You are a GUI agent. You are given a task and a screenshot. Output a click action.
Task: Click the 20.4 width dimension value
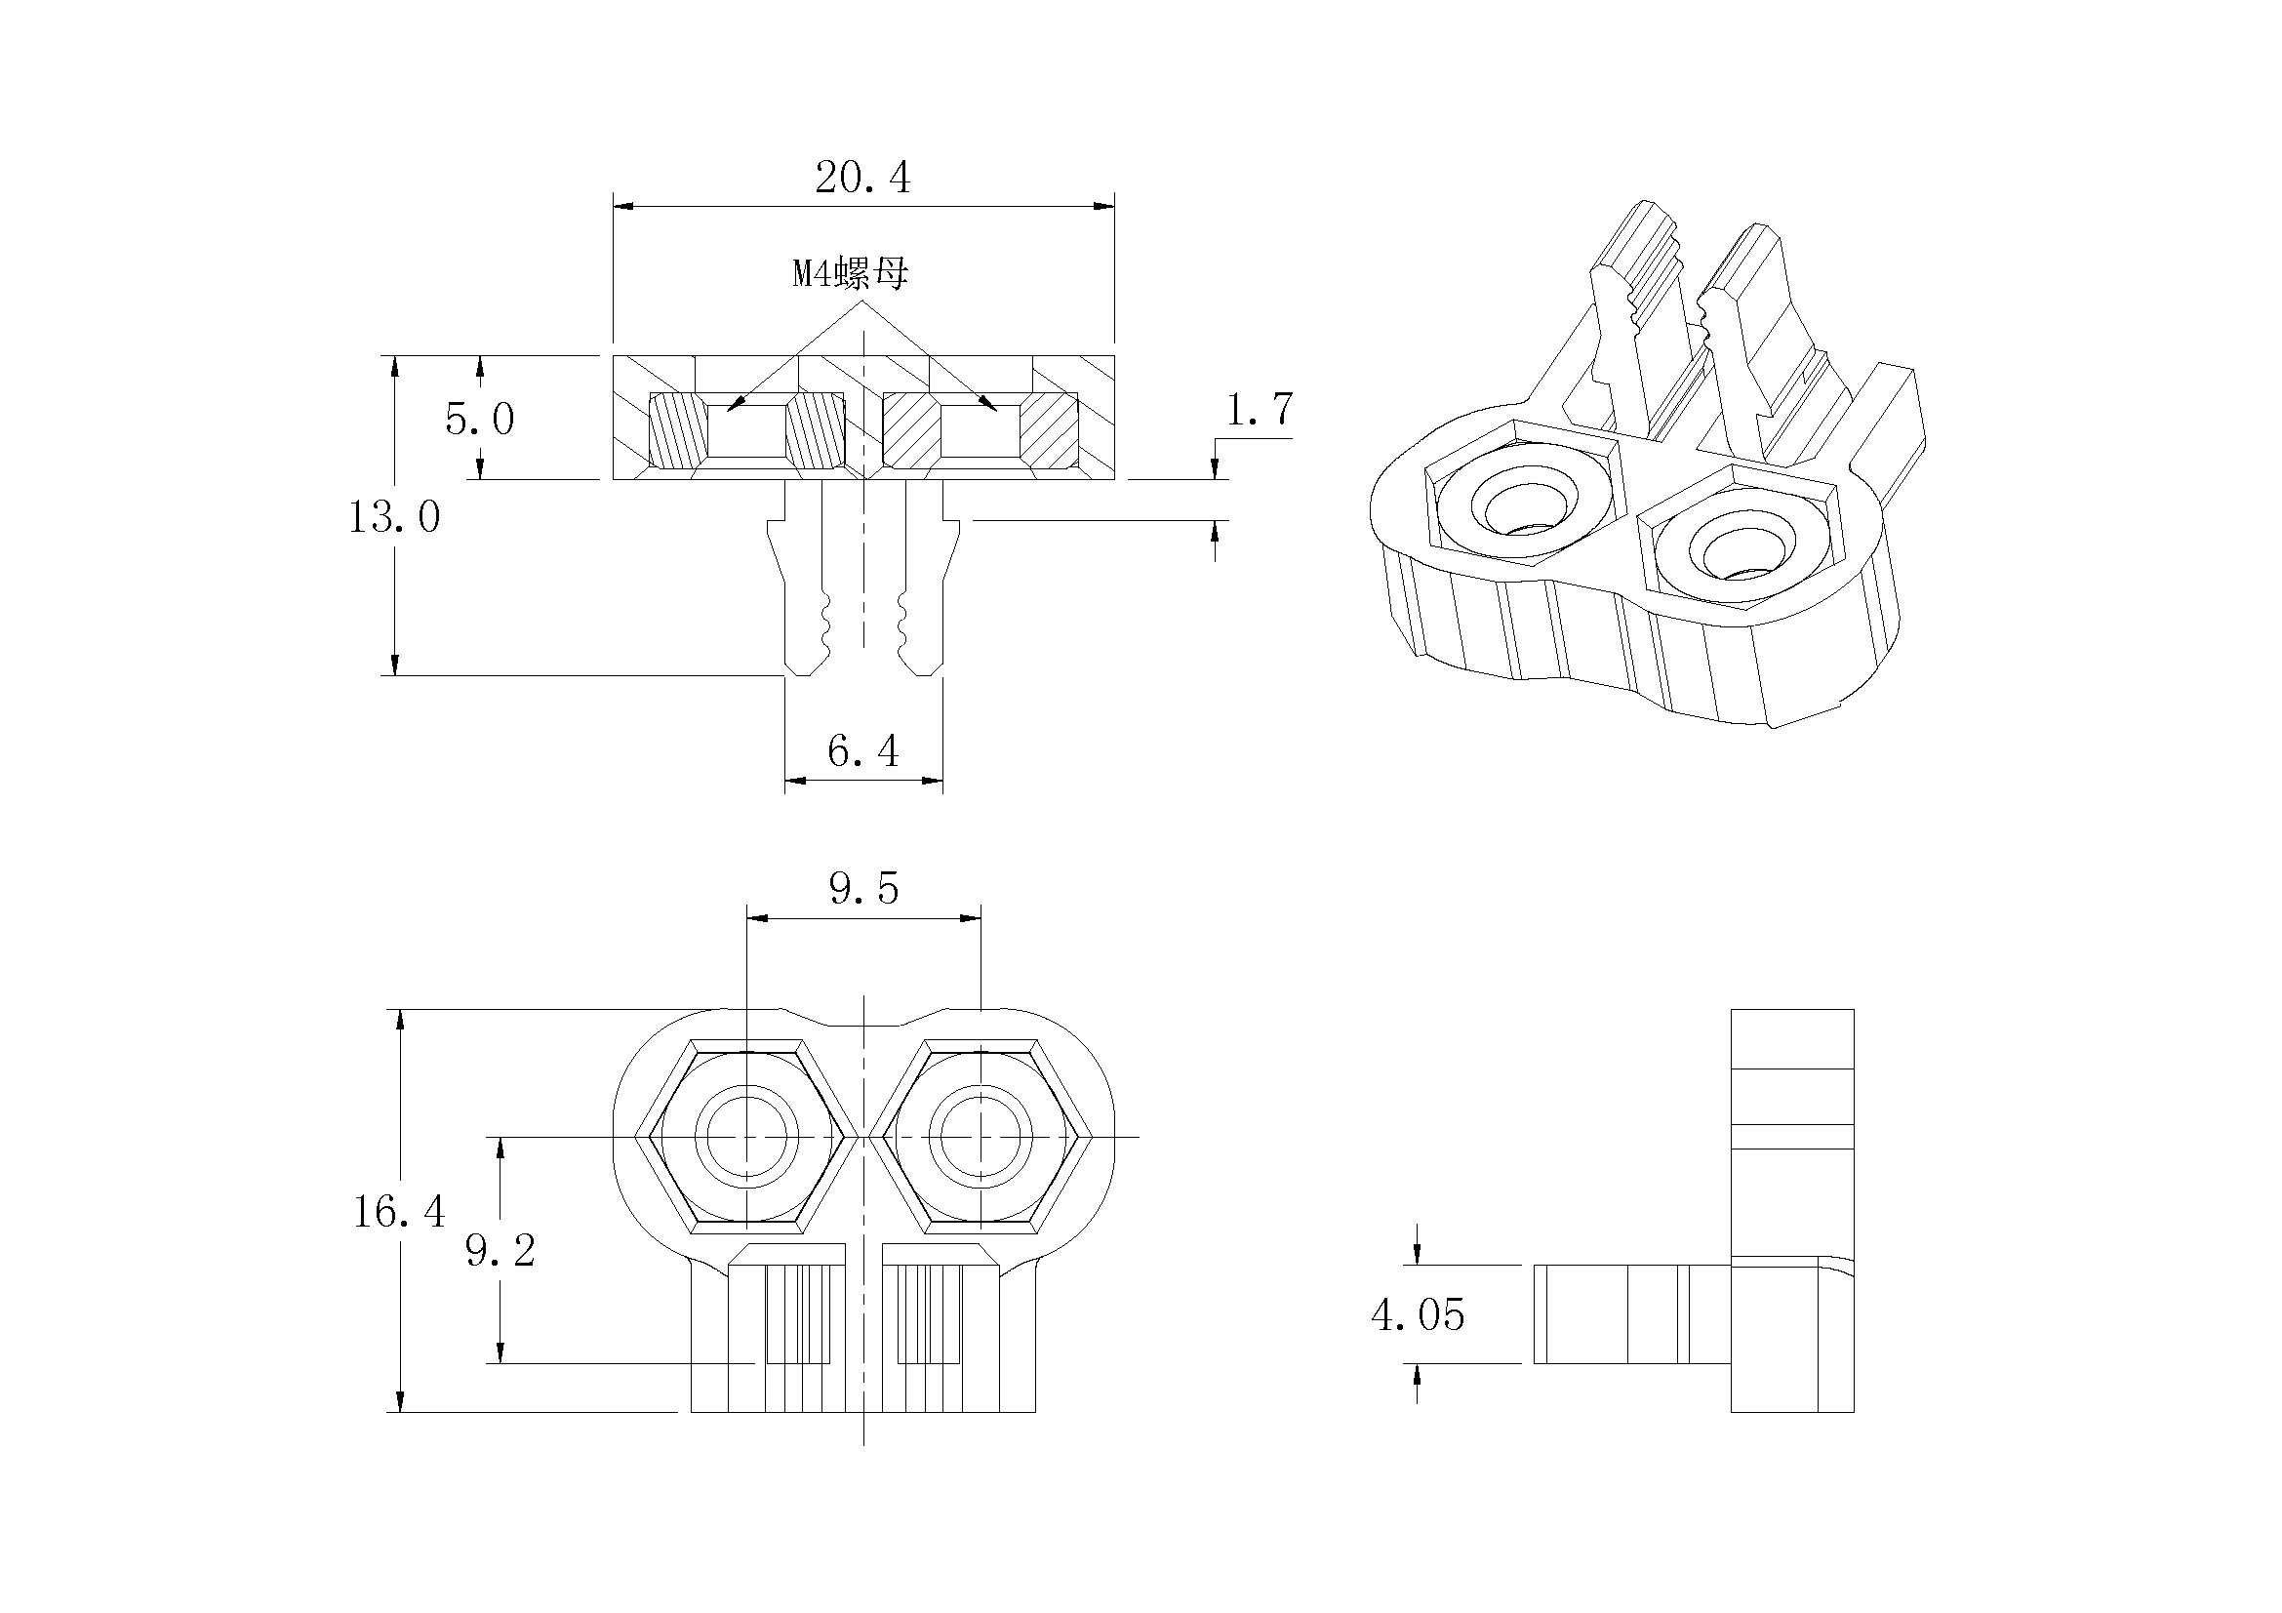[861, 178]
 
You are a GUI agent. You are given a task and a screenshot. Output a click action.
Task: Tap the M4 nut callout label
[850, 273]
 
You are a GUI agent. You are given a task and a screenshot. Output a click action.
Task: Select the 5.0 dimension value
[479, 420]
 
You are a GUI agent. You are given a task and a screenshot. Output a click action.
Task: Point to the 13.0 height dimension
[393, 517]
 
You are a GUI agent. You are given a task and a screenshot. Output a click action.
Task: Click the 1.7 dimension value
[1260, 410]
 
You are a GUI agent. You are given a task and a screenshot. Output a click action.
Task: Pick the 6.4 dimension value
[862, 751]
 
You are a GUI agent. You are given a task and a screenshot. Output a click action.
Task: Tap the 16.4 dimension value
[399, 1212]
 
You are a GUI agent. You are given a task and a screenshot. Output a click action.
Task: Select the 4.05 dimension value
[1418, 1315]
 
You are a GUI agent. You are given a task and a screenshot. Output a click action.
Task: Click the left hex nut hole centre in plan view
[746, 1136]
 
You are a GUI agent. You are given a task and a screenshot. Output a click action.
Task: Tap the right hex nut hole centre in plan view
[981, 1136]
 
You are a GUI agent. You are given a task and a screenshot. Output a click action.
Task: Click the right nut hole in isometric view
[1740, 550]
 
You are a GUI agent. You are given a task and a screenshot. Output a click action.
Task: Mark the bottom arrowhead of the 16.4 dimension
[400, 1400]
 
